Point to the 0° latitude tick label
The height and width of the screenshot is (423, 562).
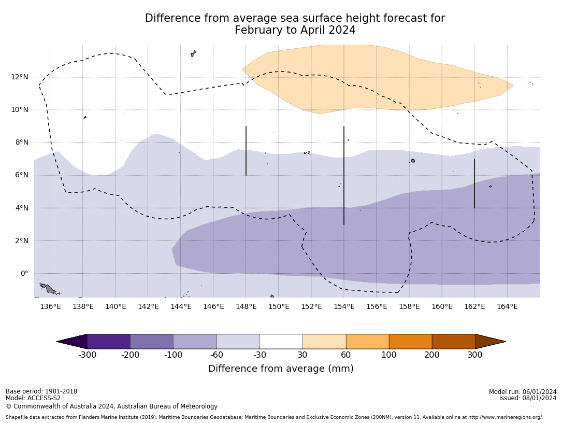(24, 273)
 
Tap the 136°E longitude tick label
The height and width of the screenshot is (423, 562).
(50, 306)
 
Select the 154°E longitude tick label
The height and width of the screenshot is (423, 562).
(344, 306)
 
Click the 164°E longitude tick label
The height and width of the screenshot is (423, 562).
(507, 306)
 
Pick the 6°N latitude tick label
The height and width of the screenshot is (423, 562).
(21, 175)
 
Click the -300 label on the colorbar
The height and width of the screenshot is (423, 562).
(87, 355)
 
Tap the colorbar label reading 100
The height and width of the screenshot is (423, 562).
(388, 355)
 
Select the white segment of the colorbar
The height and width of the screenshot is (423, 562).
(281, 342)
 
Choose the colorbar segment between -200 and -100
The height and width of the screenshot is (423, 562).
(152, 342)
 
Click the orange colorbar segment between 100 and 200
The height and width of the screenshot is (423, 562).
(410, 342)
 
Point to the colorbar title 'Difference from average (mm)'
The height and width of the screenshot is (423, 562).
(281, 369)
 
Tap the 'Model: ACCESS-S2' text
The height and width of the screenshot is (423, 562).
(33, 398)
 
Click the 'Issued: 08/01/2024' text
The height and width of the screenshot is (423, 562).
(528, 398)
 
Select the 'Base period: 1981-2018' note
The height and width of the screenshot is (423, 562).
(41, 391)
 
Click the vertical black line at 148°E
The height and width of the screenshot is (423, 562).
(246, 150)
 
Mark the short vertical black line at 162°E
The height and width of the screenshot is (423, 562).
(474, 183)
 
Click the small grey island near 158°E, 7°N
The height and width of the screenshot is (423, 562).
(413, 161)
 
